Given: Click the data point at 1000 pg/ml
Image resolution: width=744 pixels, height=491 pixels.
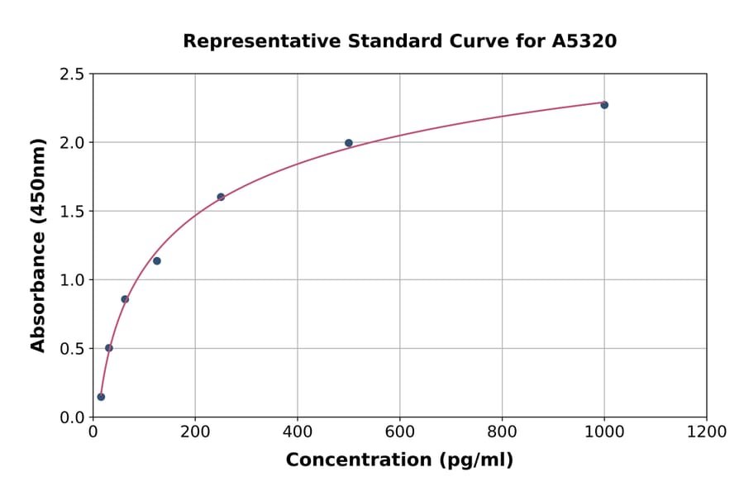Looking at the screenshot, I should click(x=604, y=105).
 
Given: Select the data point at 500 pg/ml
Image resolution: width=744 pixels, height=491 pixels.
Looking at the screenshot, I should click(x=349, y=143).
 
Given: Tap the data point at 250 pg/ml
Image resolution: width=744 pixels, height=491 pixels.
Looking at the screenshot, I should click(x=221, y=197).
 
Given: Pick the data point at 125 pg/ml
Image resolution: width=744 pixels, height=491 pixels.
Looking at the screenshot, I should click(x=157, y=261).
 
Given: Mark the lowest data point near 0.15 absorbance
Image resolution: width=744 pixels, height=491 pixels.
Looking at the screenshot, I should click(x=101, y=397).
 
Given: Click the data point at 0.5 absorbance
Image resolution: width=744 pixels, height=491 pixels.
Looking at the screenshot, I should click(x=109, y=348).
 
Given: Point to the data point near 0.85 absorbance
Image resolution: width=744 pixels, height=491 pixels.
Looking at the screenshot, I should click(x=125, y=299).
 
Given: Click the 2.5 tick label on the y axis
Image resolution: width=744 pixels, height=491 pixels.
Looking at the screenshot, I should click(x=71, y=74).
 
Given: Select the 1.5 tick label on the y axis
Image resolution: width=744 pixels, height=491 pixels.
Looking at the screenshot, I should click(x=71, y=212).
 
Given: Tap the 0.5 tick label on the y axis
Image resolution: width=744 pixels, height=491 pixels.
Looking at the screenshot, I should click(x=71, y=349).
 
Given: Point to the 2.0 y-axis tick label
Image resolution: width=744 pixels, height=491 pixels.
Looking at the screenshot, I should click(x=71, y=143).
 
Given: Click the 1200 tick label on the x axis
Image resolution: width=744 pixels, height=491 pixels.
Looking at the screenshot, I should click(x=706, y=431).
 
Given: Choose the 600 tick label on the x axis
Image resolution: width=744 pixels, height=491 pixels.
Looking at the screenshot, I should click(x=399, y=431).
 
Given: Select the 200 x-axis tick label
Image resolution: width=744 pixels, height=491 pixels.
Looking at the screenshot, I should click(x=195, y=431).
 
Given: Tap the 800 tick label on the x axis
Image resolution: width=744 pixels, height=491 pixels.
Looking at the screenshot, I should click(x=502, y=431).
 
